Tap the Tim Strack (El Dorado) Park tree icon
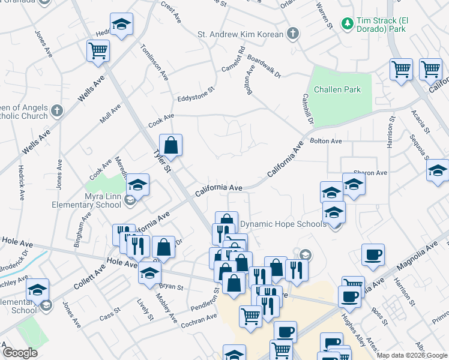pyautogui.click(x=346, y=23)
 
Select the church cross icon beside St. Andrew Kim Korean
pyautogui.click(x=292, y=34)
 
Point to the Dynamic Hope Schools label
pyautogui.click(x=283, y=224)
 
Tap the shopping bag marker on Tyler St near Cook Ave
pyautogui.click(x=170, y=145)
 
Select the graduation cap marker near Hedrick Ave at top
pyautogui.click(x=122, y=25)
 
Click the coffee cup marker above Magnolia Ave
pyautogui.click(x=373, y=255)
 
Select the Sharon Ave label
pyautogui.click(x=370, y=173)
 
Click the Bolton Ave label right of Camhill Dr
pyautogui.click(x=326, y=141)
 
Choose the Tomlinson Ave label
pyautogui.click(x=154, y=64)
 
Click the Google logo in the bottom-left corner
pyautogui.click(x=19, y=353)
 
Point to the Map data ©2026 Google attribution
pyautogui.click(x=412, y=355)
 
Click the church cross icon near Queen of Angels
pyautogui.click(x=57, y=110)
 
